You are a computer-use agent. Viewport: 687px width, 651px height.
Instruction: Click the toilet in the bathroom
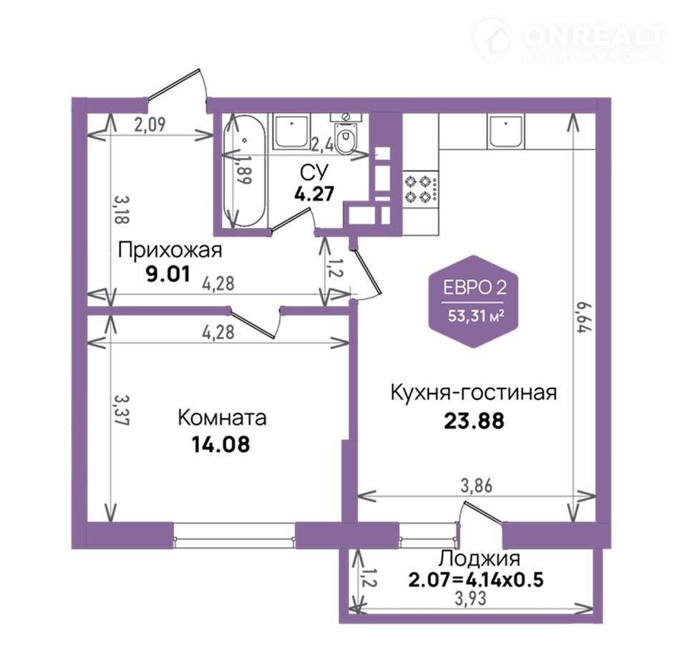(346, 133)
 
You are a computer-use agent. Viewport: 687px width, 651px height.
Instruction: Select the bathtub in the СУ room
(244, 171)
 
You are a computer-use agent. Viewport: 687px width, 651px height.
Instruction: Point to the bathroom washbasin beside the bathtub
(291, 130)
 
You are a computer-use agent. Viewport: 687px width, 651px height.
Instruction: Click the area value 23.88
(474, 421)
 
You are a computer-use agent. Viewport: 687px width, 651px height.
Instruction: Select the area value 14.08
(221, 444)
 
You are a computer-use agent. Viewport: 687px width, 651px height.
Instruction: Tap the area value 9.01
(168, 275)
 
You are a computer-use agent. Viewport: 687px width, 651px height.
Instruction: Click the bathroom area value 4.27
(314, 193)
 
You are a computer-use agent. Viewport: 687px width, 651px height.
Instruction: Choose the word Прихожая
(170, 250)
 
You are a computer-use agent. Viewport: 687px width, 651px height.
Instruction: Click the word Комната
(222, 418)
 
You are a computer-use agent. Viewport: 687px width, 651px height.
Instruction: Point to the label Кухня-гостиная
(474, 393)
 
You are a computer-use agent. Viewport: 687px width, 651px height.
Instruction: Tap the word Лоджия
(479, 559)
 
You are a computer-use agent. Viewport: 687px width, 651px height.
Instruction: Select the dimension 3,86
(476, 486)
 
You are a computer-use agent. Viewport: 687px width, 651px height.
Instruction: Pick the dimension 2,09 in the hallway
(150, 125)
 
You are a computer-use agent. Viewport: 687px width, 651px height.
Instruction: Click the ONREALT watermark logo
(570, 40)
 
